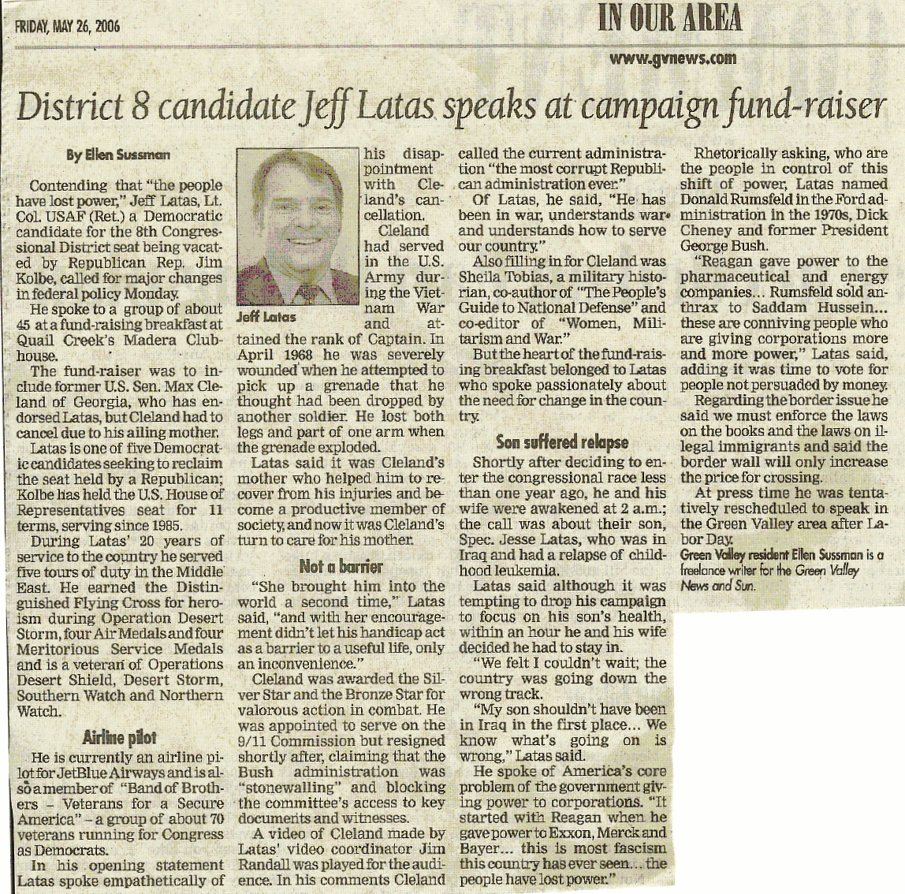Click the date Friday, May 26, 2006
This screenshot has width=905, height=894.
68,27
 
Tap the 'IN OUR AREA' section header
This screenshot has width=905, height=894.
670,17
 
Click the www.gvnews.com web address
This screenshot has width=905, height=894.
672,58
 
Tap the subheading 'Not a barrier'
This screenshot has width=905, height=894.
341,566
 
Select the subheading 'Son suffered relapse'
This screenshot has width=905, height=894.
562,441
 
